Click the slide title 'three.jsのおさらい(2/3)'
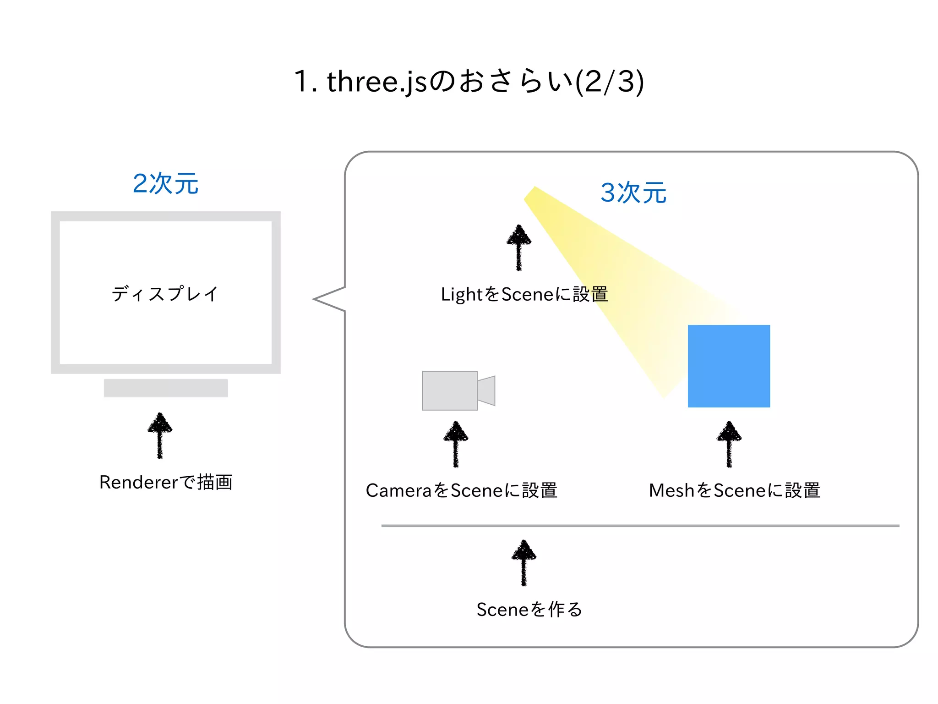click(x=469, y=82)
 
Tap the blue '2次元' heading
click(x=165, y=184)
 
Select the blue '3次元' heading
click(x=633, y=192)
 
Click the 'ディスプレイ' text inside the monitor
click(x=165, y=294)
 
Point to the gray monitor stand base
click(x=166, y=388)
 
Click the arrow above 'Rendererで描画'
click(x=160, y=435)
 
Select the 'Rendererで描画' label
click(x=166, y=482)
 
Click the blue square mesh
click(x=729, y=366)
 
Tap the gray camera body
click(x=449, y=390)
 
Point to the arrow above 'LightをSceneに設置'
click(x=519, y=247)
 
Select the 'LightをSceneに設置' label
click(x=524, y=294)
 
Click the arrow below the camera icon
click(x=456, y=444)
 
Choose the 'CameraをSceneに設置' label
click(x=461, y=490)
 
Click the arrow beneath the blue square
click(x=729, y=444)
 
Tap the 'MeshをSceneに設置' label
click(x=734, y=490)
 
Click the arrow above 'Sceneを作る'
click(x=524, y=562)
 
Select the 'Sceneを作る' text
click(x=529, y=610)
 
